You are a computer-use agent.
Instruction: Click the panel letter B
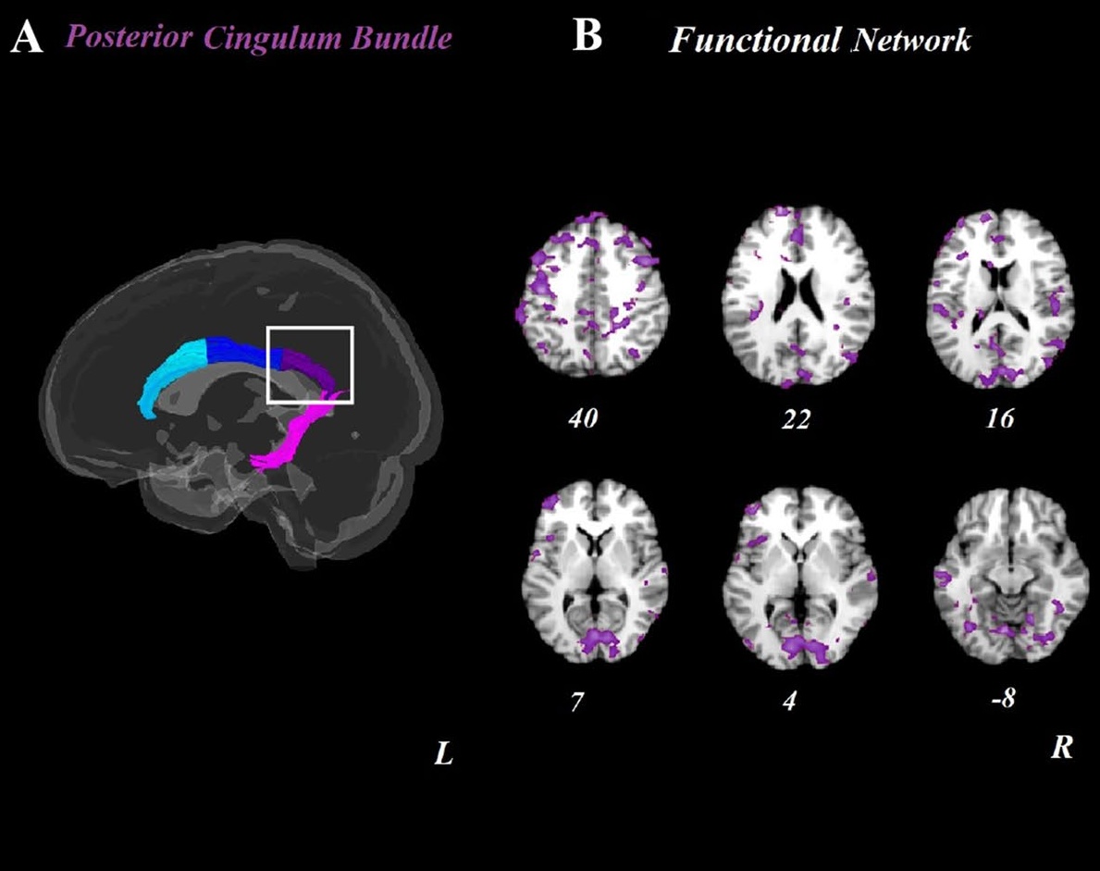click(x=587, y=35)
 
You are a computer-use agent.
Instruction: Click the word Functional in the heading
click(x=753, y=39)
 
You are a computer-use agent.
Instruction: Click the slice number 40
click(x=584, y=418)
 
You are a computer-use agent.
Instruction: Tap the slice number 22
click(x=796, y=419)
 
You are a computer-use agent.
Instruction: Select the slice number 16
click(x=1000, y=418)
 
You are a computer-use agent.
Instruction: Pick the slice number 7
click(x=577, y=702)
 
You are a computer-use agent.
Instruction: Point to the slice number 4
click(x=791, y=701)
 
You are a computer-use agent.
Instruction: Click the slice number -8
click(x=1003, y=699)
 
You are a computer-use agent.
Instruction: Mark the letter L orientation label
click(x=443, y=753)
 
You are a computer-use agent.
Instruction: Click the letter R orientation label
click(x=1061, y=747)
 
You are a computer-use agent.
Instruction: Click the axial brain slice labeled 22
click(x=798, y=296)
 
